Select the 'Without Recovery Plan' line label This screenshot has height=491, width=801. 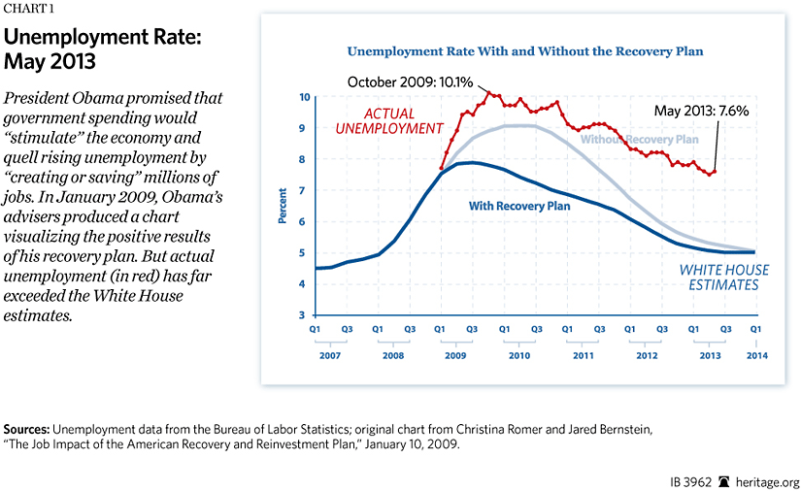click(640, 140)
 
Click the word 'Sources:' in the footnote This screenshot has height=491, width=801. click(27, 428)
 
